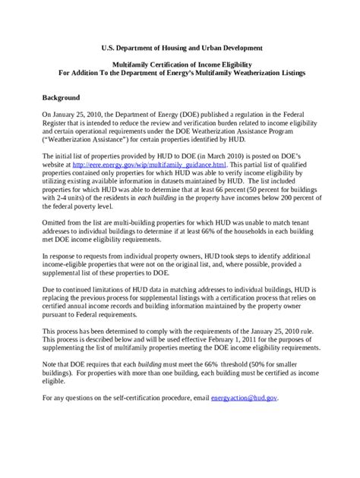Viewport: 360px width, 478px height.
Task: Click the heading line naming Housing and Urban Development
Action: pos(180,47)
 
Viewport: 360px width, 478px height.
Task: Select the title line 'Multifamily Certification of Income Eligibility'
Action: pos(180,66)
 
